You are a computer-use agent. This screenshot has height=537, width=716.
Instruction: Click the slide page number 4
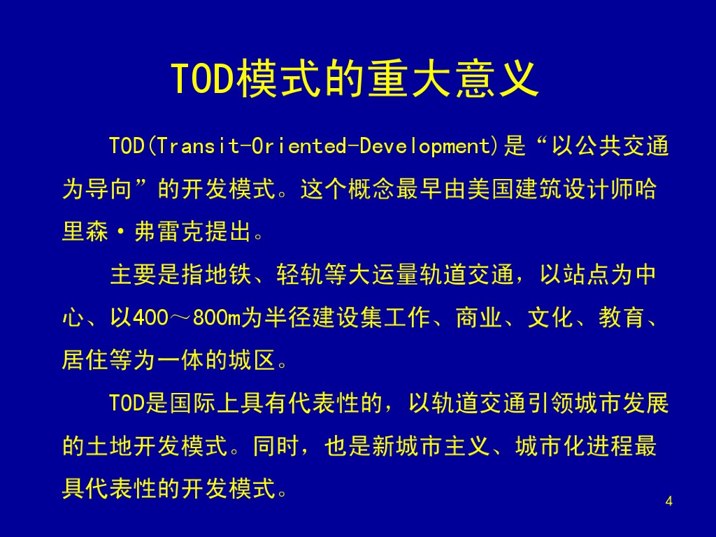[x=669, y=501]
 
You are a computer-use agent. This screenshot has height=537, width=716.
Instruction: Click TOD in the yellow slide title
[x=203, y=78]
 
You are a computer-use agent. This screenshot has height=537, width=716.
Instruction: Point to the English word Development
[x=424, y=147]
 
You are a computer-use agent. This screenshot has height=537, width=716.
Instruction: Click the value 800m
[x=217, y=317]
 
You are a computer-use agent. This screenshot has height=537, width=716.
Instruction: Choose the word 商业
[x=479, y=317]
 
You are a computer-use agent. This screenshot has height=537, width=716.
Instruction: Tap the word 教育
[x=622, y=317]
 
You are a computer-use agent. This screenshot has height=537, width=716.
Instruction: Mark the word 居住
[x=85, y=360]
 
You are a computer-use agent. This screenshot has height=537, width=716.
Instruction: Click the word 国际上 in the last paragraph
[x=205, y=403]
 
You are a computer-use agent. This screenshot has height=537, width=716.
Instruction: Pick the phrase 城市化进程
[x=575, y=445]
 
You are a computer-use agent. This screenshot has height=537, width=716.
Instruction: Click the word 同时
[x=276, y=445]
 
